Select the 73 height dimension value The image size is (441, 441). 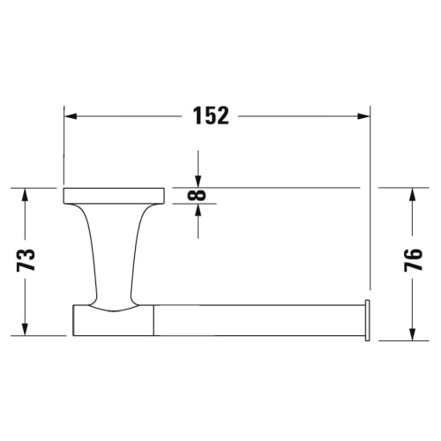pos(27,259)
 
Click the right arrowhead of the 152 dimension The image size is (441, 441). pos(363,116)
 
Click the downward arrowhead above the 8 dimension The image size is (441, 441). pos(198,181)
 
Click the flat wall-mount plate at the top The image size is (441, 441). pos(115,195)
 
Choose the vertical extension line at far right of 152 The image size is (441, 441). pos(369,203)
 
